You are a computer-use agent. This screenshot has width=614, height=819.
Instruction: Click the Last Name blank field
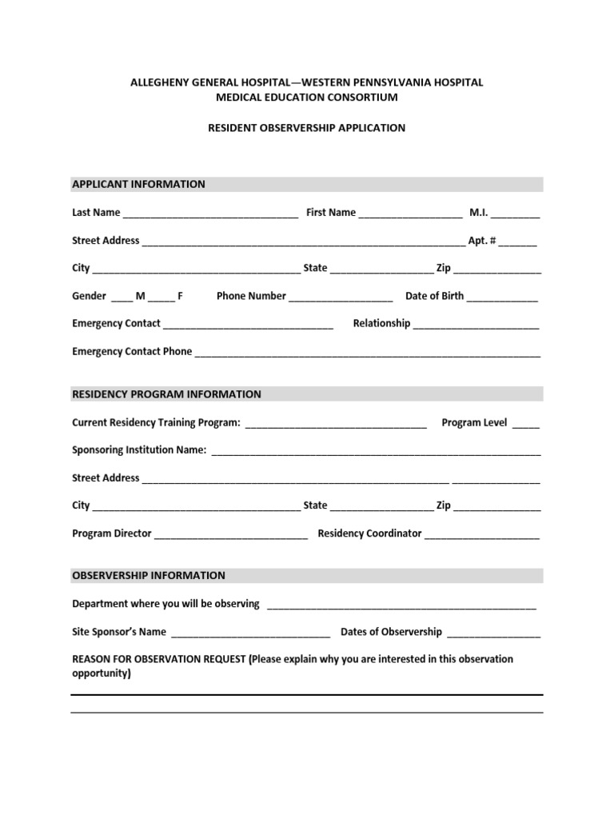click(211, 214)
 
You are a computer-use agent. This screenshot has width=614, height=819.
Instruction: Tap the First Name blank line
click(410, 214)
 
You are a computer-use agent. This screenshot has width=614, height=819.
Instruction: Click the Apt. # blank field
click(520, 242)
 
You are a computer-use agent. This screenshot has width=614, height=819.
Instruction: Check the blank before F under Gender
click(161, 297)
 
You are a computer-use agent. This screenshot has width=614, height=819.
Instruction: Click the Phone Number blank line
click(341, 297)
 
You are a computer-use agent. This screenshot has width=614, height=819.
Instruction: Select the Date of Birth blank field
click(502, 297)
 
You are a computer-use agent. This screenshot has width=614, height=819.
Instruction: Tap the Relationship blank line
click(476, 325)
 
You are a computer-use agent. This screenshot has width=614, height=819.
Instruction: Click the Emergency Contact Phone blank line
click(368, 353)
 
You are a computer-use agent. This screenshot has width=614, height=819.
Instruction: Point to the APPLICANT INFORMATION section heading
click(139, 184)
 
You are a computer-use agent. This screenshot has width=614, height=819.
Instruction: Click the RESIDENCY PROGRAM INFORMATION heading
click(166, 394)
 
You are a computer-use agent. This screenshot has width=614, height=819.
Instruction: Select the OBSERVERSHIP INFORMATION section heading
click(149, 575)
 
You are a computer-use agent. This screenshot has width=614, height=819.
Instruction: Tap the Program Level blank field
click(525, 424)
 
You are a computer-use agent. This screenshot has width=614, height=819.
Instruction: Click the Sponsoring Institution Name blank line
click(375, 451)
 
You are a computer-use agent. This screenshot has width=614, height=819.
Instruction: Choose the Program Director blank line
click(230, 534)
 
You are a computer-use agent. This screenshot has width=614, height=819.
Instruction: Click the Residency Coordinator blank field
click(481, 534)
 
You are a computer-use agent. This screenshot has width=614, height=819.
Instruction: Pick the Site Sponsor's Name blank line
click(249, 633)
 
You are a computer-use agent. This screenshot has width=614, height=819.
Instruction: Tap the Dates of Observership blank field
click(493, 633)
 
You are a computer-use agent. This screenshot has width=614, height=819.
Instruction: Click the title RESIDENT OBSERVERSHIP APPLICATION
click(307, 128)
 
